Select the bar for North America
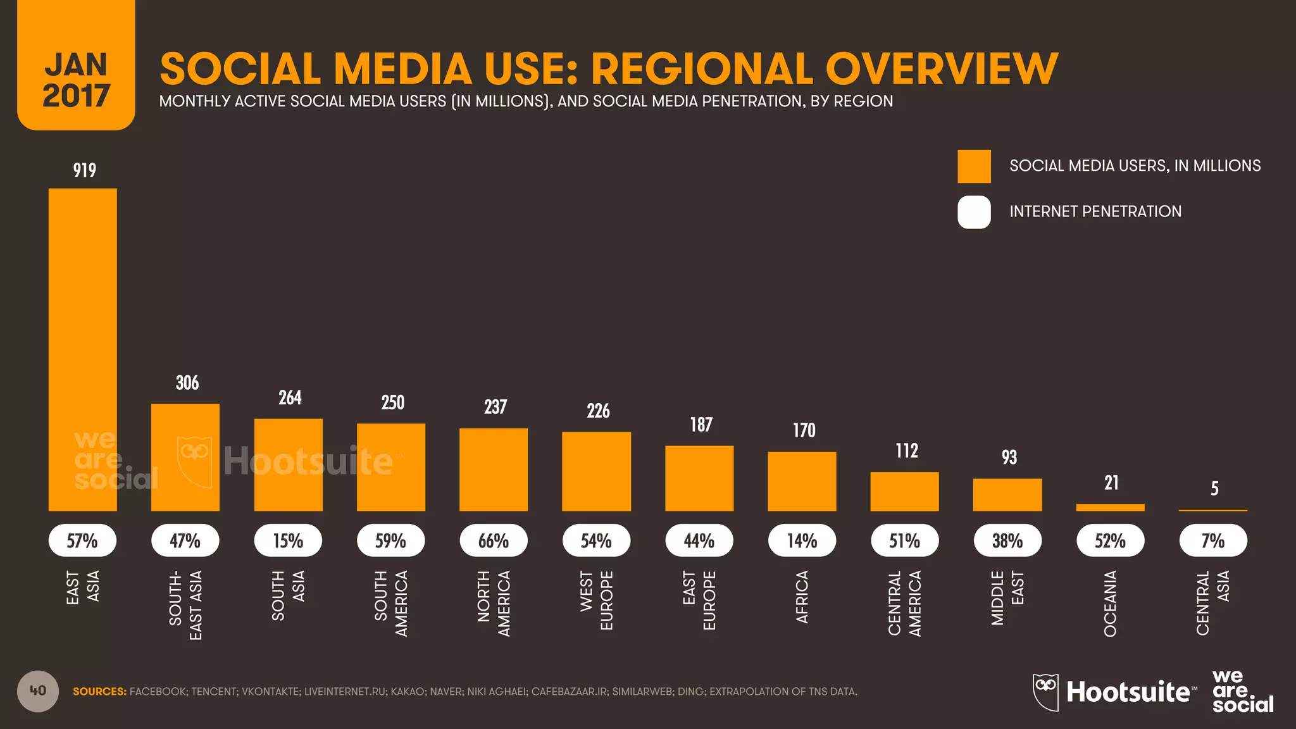(x=494, y=470)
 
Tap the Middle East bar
(x=1007, y=495)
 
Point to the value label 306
(x=187, y=383)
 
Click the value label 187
(x=701, y=425)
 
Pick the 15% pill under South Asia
(x=288, y=541)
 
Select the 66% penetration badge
(x=494, y=541)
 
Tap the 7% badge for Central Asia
(x=1213, y=541)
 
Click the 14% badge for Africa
(x=802, y=541)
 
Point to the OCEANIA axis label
(x=1111, y=604)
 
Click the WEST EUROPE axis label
(x=596, y=601)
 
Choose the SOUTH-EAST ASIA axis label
(x=185, y=605)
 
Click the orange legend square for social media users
(x=974, y=166)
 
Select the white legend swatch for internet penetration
(x=974, y=212)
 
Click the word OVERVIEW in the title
(x=941, y=68)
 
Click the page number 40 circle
(x=38, y=691)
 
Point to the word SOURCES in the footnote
(x=99, y=692)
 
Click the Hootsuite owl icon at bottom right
(x=1045, y=692)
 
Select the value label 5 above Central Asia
(x=1214, y=489)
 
